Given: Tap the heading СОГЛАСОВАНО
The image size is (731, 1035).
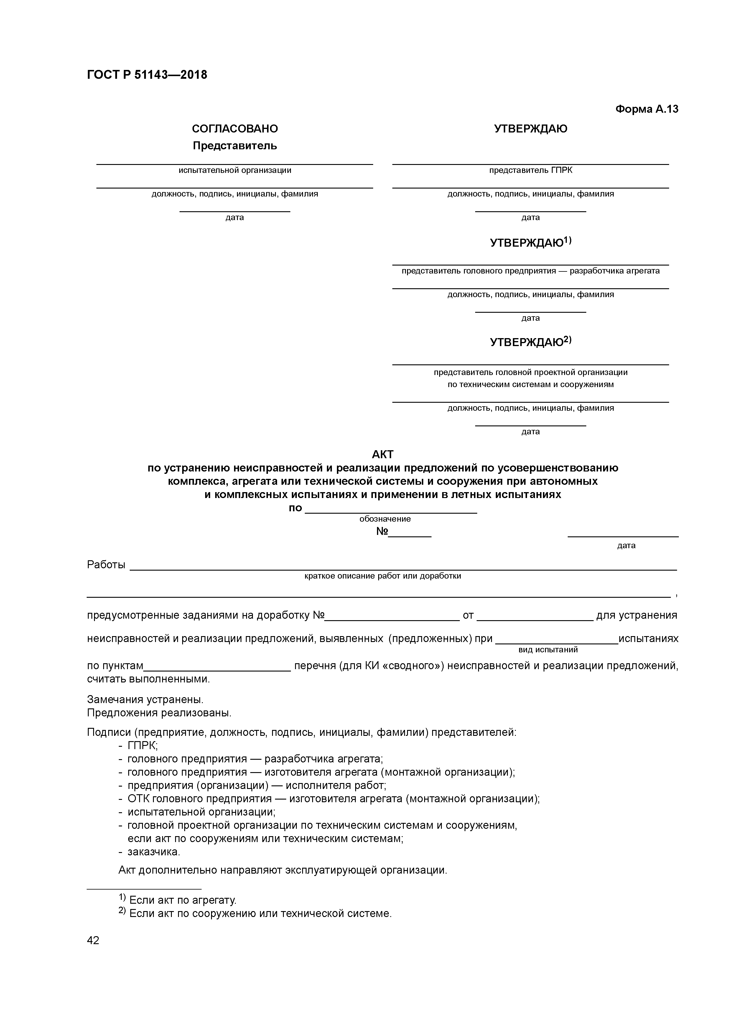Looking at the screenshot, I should (235, 129).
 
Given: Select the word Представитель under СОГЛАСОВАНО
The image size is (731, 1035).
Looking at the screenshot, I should (235, 146).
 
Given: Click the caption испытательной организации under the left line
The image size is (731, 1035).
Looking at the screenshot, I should (235, 171).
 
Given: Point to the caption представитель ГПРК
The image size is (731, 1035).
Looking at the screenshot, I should (531, 171).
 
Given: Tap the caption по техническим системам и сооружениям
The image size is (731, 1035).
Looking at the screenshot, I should (531, 384).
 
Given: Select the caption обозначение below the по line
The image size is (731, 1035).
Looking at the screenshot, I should (385, 519).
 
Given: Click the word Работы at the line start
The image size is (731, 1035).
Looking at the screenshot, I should (106, 565).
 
